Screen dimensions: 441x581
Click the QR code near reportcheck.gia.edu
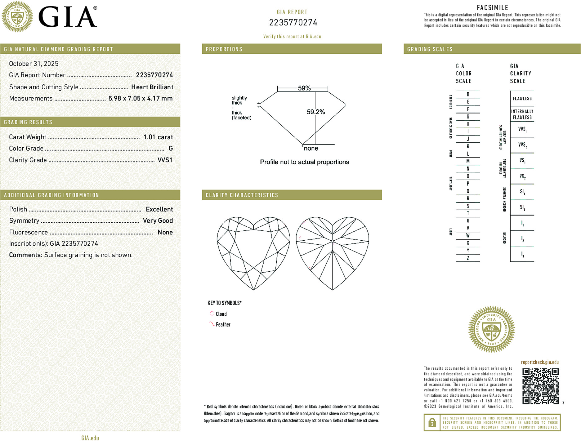pyautogui.click(x=540, y=386)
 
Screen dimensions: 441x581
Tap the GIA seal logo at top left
pyautogui.click(x=17, y=17)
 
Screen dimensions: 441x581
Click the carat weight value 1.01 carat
pyautogui.click(x=158, y=137)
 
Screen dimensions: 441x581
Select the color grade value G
pyautogui.click(x=170, y=149)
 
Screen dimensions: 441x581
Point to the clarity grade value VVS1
pyautogui.click(x=165, y=160)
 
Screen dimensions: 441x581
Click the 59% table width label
pyautogui.click(x=304, y=88)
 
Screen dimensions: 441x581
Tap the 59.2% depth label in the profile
pyautogui.click(x=316, y=112)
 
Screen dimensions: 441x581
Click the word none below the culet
pyautogui.click(x=311, y=149)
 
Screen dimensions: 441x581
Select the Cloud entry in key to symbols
pyautogui.click(x=221, y=314)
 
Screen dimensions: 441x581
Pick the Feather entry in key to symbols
pyautogui.click(x=223, y=324)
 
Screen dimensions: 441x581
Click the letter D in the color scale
pyautogui.click(x=468, y=94)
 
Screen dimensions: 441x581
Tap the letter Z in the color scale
pyautogui.click(x=468, y=258)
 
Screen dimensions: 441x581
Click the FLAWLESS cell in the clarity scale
pyautogui.click(x=522, y=99)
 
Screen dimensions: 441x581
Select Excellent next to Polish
pyautogui.click(x=159, y=209)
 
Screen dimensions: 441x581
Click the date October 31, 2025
pyautogui.click(x=34, y=64)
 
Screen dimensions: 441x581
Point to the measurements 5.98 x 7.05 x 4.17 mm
pyautogui.click(x=141, y=99)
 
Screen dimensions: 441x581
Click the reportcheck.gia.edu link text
pyautogui.click(x=540, y=362)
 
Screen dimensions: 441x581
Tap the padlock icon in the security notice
pyautogui.click(x=432, y=422)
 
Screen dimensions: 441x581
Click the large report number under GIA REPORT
pyautogui.click(x=293, y=23)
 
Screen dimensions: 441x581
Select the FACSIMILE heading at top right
pyautogui.click(x=492, y=8)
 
